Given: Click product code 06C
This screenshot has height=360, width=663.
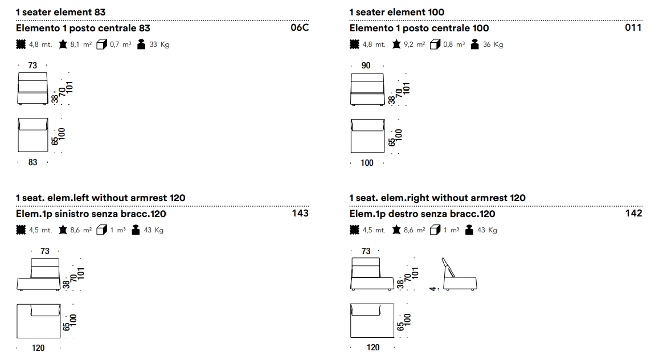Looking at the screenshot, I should [x=299, y=27].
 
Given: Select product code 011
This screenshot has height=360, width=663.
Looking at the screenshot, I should [x=633, y=27].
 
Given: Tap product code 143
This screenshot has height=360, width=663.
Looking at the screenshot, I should [x=300, y=213].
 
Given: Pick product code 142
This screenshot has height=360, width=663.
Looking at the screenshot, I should [x=633, y=213].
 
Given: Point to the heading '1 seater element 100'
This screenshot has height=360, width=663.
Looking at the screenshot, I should [x=396, y=12].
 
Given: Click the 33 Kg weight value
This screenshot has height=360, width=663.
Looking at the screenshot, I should [x=159, y=44].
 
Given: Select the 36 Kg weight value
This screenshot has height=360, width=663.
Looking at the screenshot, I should [x=493, y=44].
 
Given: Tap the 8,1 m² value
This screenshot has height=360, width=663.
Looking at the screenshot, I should [x=81, y=44].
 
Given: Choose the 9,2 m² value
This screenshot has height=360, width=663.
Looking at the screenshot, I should [x=415, y=44].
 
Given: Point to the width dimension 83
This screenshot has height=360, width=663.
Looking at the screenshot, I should [x=32, y=162].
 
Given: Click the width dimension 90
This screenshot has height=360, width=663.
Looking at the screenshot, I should [x=366, y=66].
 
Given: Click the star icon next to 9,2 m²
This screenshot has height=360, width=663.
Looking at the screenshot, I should [x=396, y=44].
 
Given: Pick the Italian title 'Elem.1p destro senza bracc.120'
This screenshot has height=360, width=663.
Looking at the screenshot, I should [x=422, y=214].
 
